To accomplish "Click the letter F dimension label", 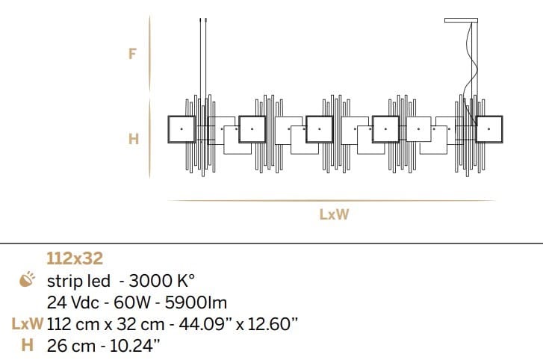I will click(133, 54).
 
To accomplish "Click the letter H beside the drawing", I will click(133, 139).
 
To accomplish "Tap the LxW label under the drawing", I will click(335, 215).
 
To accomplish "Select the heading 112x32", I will click(75, 259).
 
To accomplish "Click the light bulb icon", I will click(26, 281).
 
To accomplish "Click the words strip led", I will click(79, 281).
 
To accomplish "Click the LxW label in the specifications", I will click(26, 324).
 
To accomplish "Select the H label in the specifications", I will click(27, 345).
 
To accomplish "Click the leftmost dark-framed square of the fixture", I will click(181, 129).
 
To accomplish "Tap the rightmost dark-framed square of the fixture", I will click(489, 129).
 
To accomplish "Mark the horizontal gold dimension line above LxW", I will click(332, 200).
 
